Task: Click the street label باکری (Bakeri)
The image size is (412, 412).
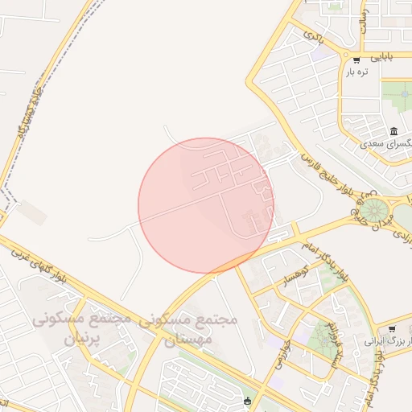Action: point(313,35)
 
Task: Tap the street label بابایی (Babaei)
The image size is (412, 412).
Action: point(381,58)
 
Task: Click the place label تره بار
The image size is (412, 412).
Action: point(356,72)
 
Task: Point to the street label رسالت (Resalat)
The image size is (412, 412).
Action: point(364,20)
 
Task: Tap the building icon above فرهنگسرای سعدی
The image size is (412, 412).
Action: point(393,131)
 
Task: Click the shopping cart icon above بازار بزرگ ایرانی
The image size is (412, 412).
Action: point(391,329)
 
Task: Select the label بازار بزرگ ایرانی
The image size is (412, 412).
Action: point(389,342)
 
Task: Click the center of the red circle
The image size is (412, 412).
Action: point(205,205)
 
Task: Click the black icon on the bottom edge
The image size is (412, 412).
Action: point(247,402)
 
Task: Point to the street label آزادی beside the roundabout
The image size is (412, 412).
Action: point(401,231)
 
